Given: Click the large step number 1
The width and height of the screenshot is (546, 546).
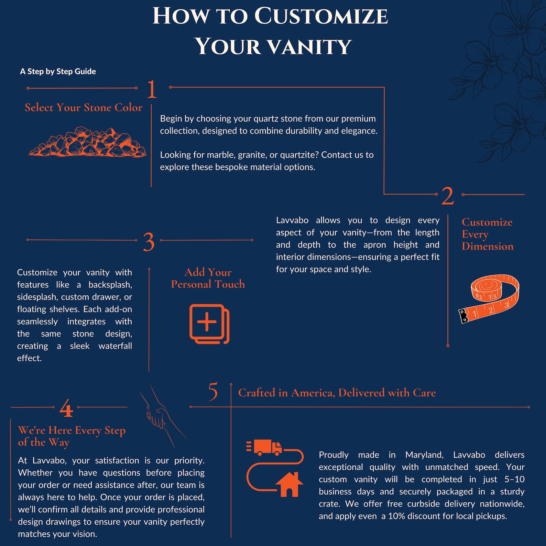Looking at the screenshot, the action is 152,89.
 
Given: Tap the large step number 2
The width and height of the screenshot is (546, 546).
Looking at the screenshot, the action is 448,196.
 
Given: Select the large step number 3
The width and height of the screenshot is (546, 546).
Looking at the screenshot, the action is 149,242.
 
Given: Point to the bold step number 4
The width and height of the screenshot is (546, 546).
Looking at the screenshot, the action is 66,408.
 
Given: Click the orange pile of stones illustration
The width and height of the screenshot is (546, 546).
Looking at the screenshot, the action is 87,142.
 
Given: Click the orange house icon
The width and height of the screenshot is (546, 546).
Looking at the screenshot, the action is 289,484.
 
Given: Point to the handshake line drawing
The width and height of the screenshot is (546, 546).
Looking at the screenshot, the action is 162,416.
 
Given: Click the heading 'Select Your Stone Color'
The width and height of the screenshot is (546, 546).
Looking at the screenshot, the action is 84,108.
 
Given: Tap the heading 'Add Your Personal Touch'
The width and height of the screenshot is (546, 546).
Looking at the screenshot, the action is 208,278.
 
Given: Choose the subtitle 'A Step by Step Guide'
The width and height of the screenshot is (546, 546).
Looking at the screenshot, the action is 58,72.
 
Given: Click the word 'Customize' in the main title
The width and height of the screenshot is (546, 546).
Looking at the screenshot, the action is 321,16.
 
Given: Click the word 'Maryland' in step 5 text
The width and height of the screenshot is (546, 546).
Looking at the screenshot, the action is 424,455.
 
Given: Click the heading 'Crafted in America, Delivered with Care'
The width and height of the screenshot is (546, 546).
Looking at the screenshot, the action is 337,393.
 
